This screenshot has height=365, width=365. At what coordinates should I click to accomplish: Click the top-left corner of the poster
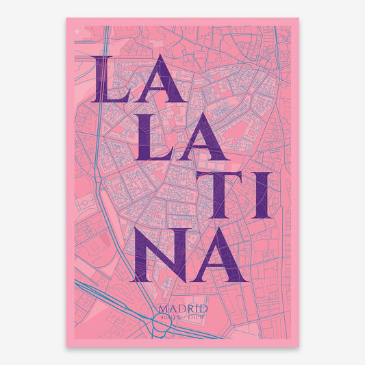[x=66, y=18]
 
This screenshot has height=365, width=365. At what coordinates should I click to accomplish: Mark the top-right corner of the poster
[x=299, y=18]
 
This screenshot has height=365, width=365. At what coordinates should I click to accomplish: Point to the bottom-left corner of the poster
[x=66, y=347]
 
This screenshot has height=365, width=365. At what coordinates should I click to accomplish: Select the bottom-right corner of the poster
[x=299, y=347]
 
